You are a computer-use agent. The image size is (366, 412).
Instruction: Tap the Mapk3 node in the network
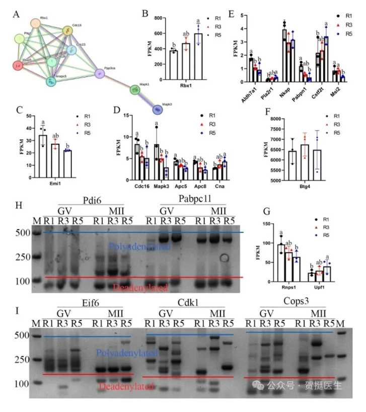click(135, 90)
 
